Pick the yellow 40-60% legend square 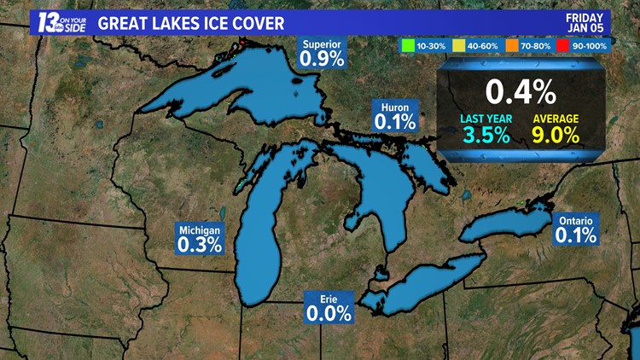(x=458, y=44)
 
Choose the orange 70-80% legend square (x=510, y=44)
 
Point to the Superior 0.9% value (x=322, y=59)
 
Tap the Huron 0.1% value (x=395, y=122)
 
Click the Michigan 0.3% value (x=200, y=244)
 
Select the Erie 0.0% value (x=329, y=313)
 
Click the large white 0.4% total (x=521, y=90)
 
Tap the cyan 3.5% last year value (x=486, y=135)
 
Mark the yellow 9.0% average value (x=556, y=135)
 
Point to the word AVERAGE (x=556, y=118)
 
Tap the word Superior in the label (x=322, y=44)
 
